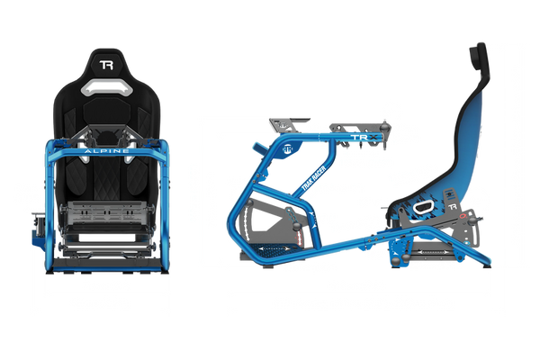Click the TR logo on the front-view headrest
click(106, 66)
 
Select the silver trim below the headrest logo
click(106, 88)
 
